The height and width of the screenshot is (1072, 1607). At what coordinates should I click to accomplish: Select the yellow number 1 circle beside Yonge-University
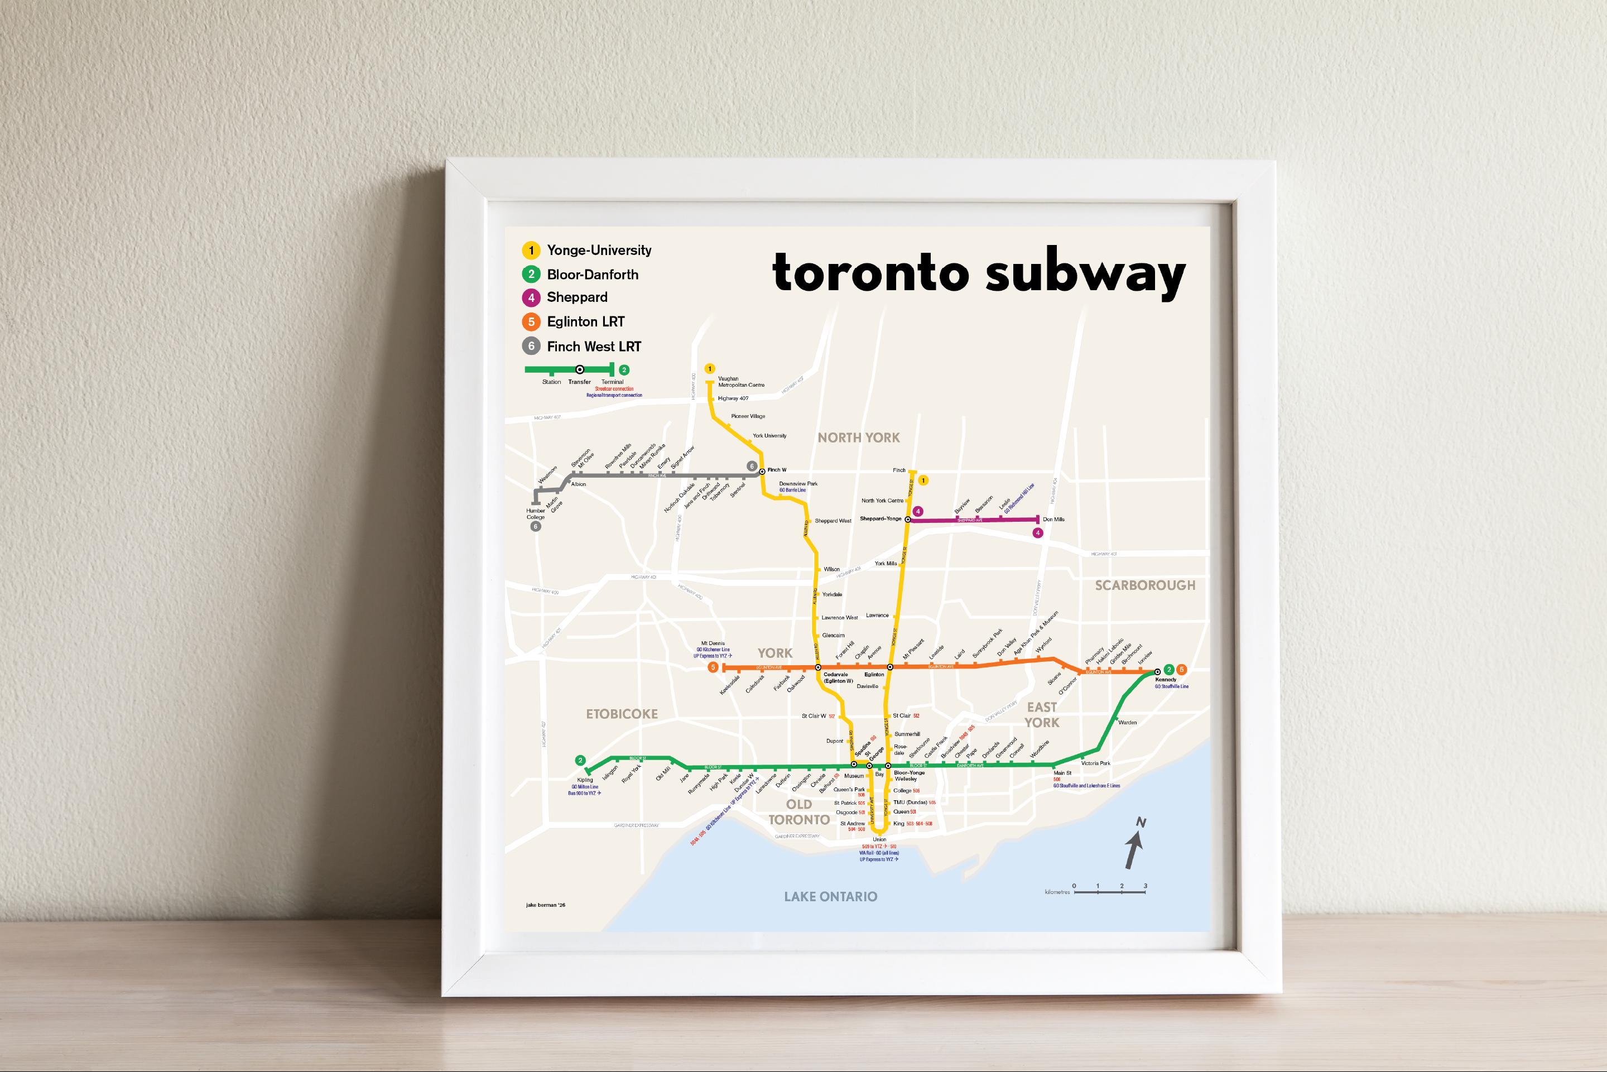tap(531, 250)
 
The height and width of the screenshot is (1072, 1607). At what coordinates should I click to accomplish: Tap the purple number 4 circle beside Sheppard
tap(531, 297)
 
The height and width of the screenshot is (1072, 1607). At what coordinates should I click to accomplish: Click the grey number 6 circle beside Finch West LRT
tap(531, 347)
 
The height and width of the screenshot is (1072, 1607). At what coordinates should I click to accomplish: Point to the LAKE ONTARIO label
tap(830, 896)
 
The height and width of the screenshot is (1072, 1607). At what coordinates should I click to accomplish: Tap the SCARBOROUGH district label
tap(1145, 585)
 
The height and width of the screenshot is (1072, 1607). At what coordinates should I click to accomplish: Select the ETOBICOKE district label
tap(622, 714)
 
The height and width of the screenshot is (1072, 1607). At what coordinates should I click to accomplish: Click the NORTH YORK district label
tap(859, 438)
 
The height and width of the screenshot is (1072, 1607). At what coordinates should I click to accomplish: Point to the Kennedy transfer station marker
tap(1157, 671)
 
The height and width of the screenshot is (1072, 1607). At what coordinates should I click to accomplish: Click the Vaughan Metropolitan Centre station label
tap(741, 382)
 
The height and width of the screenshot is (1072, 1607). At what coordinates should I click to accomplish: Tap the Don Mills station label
tap(1053, 520)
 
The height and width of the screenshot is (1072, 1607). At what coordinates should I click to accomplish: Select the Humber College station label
tap(535, 513)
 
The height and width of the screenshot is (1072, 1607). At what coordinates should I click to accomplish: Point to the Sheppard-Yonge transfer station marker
tap(908, 520)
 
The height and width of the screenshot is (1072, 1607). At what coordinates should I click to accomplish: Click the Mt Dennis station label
tap(711, 643)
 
